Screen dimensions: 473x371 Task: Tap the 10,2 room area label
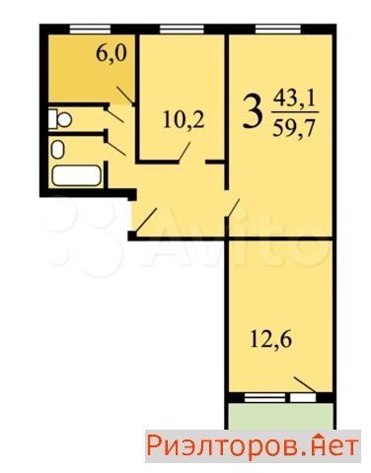183,123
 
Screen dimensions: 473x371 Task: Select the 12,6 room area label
272,346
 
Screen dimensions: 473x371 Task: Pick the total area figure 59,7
291,128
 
